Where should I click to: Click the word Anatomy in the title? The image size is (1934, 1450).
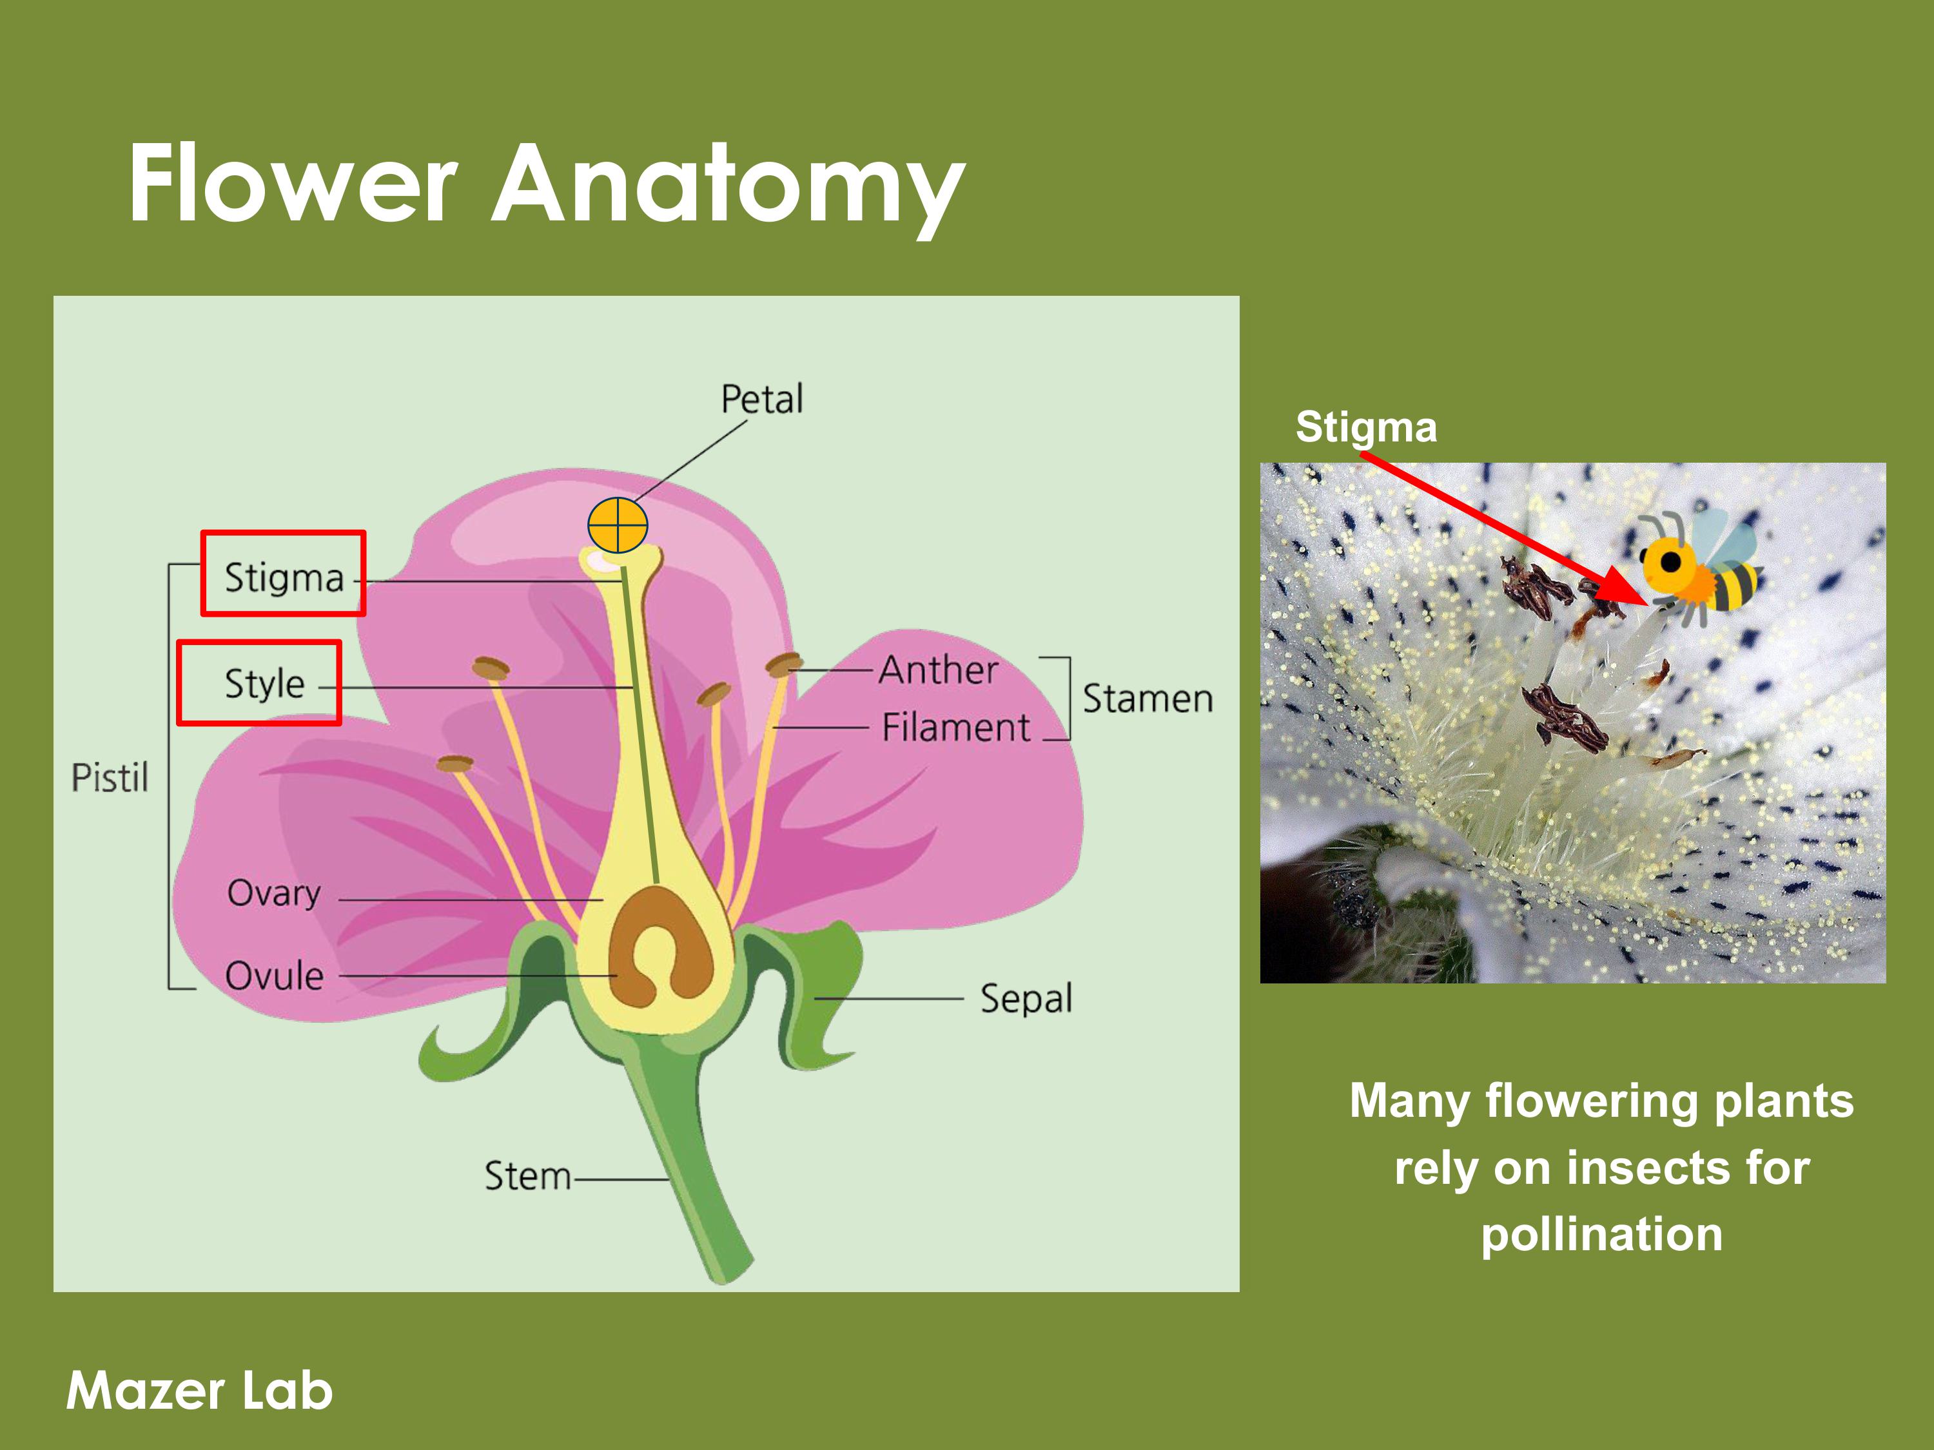tap(727, 186)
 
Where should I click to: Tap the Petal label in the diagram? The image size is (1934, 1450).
tap(761, 400)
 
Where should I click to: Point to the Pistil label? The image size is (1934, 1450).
tap(110, 777)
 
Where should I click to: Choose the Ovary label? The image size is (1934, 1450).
tap(274, 893)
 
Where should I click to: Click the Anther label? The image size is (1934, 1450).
tap(938, 670)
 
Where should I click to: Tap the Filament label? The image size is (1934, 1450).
tap(955, 727)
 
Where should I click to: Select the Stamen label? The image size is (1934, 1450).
tap(1147, 699)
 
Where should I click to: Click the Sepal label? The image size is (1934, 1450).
tap(1026, 998)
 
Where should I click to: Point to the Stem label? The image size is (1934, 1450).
tap(527, 1176)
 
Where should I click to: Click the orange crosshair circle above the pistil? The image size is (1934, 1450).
tap(618, 525)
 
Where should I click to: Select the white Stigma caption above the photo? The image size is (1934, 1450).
tap(1365, 427)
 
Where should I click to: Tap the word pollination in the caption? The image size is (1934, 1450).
tap(1601, 1234)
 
